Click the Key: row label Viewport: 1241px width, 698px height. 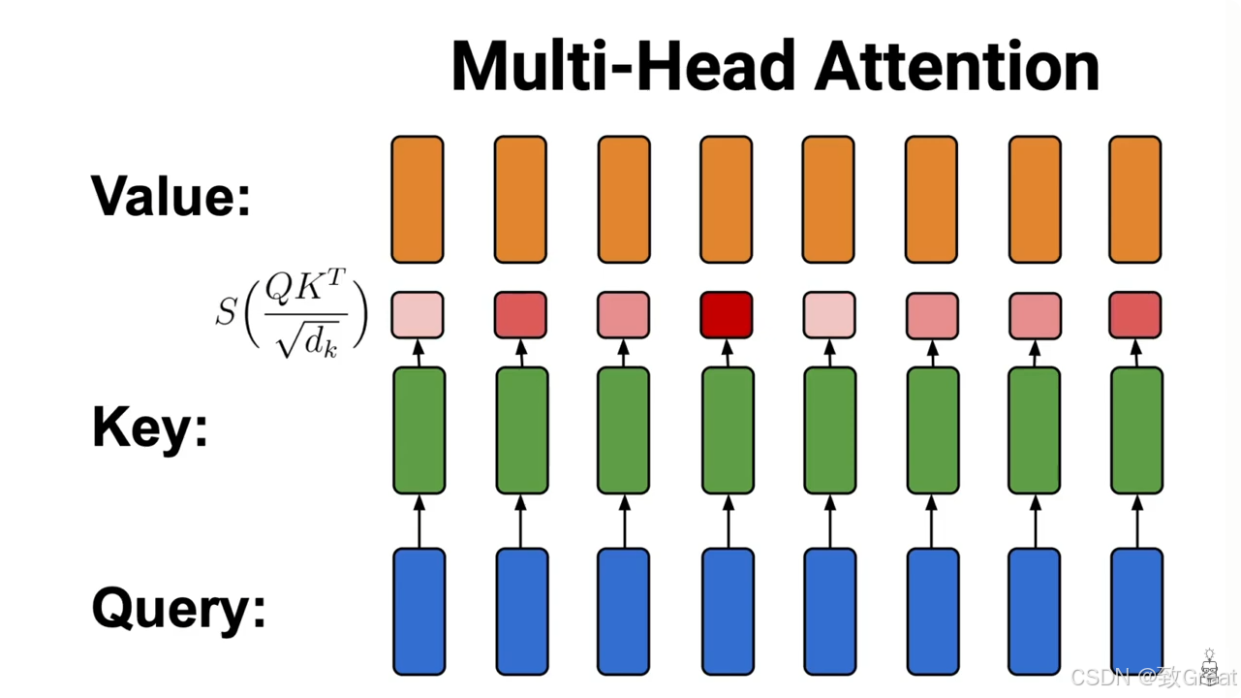click(x=150, y=427)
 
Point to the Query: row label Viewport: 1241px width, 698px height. click(x=178, y=609)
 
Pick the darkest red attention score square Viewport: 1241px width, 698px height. click(x=726, y=315)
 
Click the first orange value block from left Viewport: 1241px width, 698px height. click(x=418, y=200)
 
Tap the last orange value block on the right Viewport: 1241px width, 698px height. click(x=1134, y=200)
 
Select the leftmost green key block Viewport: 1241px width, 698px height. click(x=419, y=430)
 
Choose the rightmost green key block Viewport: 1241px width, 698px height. click(x=1136, y=430)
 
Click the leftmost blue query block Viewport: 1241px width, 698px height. click(x=419, y=611)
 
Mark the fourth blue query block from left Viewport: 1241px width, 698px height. click(x=727, y=611)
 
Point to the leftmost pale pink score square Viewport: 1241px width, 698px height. click(x=418, y=315)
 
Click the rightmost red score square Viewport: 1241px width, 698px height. click(x=1134, y=315)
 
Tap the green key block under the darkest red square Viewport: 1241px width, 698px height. click(x=727, y=430)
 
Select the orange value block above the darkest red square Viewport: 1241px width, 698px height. click(x=726, y=200)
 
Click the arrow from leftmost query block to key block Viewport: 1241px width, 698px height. click(x=419, y=522)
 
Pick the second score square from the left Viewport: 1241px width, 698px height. click(x=520, y=315)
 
